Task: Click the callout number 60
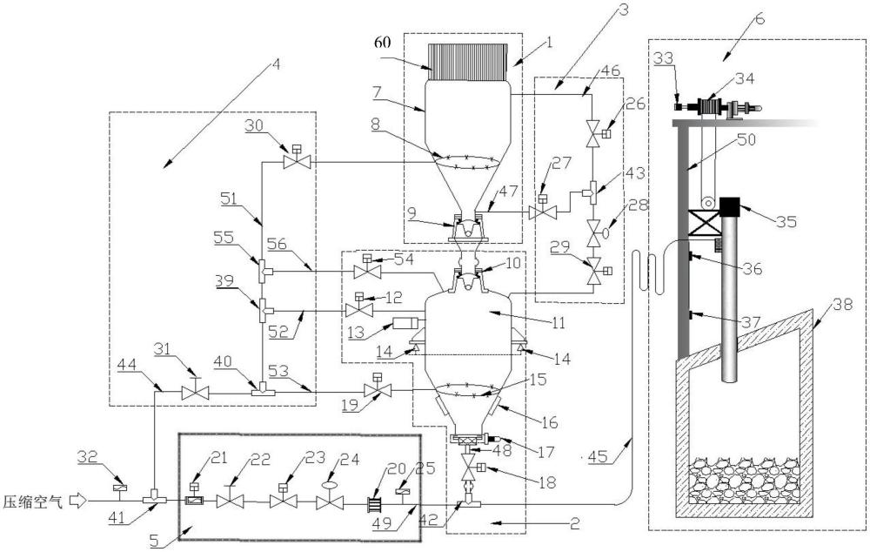tap(383, 42)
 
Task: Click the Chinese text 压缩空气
tap(36, 502)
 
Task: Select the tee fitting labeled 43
tap(591, 192)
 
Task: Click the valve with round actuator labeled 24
tap(330, 498)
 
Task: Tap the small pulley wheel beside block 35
tap(707, 203)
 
